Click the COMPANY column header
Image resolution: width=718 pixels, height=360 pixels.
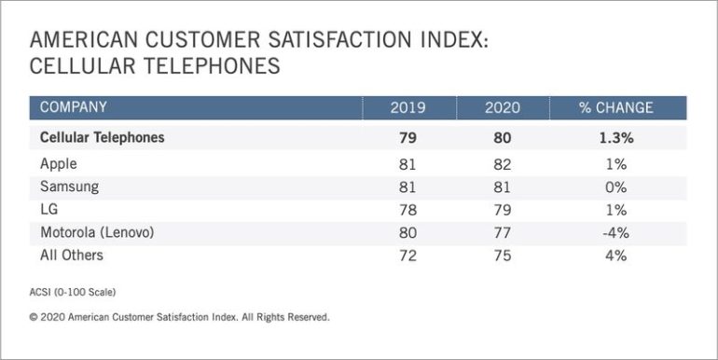pos(74,107)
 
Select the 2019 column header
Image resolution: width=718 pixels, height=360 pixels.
pos(407,107)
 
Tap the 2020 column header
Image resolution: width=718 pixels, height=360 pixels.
pos(502,107)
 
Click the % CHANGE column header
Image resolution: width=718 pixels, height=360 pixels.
pos(615,107)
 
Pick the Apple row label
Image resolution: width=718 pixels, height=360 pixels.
pos(58,162)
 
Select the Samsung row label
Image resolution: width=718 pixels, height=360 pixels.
pos(69,186)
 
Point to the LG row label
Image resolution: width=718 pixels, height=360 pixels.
pos(49,208)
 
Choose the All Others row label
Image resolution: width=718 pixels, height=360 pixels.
pos(72,254)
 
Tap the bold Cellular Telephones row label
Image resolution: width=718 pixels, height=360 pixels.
pos(103,137)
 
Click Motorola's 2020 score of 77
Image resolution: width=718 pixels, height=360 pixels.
pos(502,231)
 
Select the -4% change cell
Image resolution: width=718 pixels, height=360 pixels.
pos(615,231)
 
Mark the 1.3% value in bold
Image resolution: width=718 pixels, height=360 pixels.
pos(615,137)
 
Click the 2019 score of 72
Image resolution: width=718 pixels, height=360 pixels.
pos(407,254)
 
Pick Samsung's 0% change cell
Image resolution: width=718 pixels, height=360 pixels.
pos(615,186)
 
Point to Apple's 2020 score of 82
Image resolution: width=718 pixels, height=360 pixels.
pos(502,162)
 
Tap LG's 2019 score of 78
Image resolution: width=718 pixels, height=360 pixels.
pos(407,208)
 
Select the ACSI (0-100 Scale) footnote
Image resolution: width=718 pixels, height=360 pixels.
pos(73,293)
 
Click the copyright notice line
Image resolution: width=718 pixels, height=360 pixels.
pos(179,317)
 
